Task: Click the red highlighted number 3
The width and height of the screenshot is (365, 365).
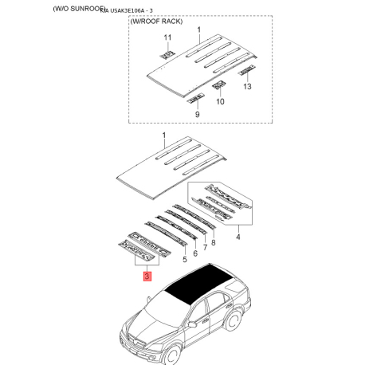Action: (x=146, y=277)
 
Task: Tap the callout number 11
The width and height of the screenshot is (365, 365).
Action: (x=167, y=38)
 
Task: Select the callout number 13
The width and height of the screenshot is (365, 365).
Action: (x=247, y=85)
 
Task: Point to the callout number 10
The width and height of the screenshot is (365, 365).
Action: (x=221, y=101)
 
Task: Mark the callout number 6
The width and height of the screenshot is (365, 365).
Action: (x=194, y=253)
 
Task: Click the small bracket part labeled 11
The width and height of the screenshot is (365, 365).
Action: (x=167, y=53)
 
